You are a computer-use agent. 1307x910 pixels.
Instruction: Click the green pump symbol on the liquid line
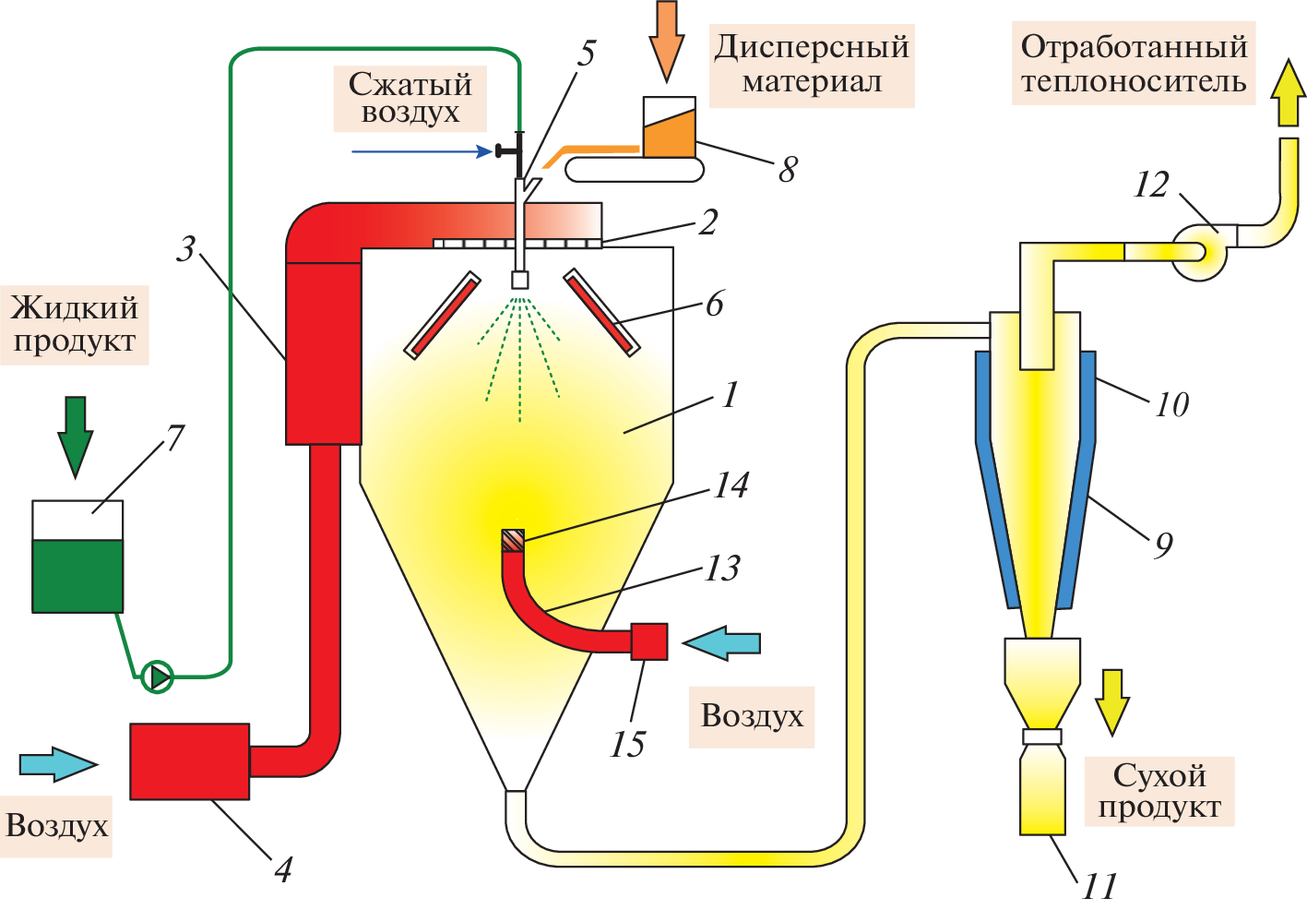point(158,677)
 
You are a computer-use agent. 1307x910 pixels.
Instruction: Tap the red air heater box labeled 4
point(189,760)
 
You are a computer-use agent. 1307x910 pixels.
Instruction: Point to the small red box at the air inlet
point(649,641)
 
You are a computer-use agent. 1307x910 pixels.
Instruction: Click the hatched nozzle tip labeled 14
point(513,540)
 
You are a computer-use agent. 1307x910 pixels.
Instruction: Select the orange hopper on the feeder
point(670,131)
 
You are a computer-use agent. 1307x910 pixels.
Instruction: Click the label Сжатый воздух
point(410,98)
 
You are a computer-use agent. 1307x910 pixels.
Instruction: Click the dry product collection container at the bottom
point(1042,792)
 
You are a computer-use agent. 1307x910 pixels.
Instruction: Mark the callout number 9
point(1164,545)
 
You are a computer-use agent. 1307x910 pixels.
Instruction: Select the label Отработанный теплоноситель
point(1134,64)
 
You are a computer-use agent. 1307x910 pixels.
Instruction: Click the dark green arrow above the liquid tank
point(76,437)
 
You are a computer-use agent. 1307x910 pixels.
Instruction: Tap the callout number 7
point(175,437)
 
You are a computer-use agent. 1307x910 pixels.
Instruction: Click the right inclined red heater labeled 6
point(602,312)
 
